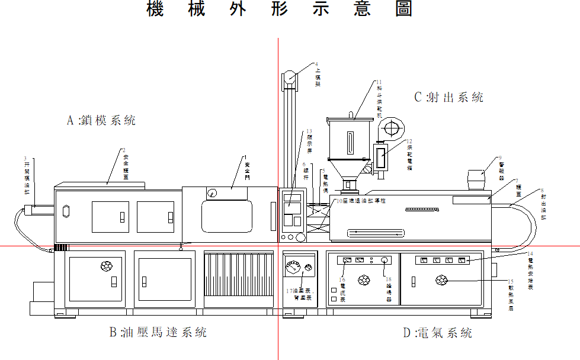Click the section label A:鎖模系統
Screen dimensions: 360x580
(101, 121)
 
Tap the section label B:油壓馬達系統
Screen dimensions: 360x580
(158, 332)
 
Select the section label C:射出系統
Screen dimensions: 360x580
(448, 97)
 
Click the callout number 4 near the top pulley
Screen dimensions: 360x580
(317, 64)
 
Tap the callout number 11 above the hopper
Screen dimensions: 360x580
(379, 82)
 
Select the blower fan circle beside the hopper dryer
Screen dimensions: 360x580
(390, 127)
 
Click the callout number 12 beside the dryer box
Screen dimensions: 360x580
(409, 141)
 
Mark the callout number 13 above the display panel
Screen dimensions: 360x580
(309, 131)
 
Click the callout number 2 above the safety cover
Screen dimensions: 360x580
(124, 150)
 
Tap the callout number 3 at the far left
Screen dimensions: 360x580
(25, 158)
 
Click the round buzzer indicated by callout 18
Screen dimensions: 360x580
(384, 260)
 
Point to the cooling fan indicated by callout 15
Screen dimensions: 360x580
(441, 280)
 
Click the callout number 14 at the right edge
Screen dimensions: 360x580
(530, 253)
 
